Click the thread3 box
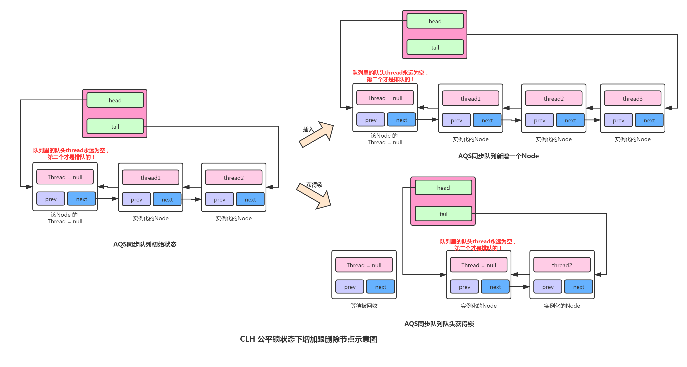coord(632,98)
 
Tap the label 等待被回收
coord(364,306)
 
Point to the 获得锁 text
coord(314,185)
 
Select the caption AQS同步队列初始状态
coord(145,244)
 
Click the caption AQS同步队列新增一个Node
coord(498,156)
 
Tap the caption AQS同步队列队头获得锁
coord(439,324)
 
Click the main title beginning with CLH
coord(309,339)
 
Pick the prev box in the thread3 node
coord(618,120)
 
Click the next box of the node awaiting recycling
coord(380,287)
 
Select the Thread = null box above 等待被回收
coord(364,265)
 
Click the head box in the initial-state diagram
coord(115,100)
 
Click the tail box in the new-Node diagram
coord(435,47)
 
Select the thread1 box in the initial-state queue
coord(150,177)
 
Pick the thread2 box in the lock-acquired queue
coord(562,265)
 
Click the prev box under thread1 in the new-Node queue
coord(456,120)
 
